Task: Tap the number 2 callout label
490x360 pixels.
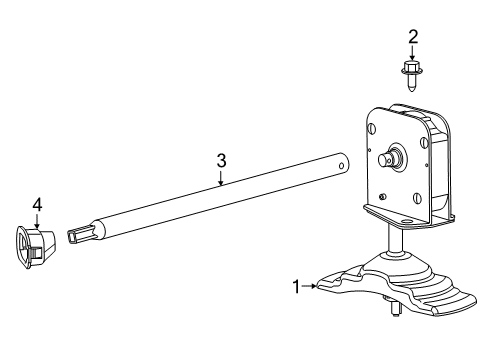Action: tap(412, 37)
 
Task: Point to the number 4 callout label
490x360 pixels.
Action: tap(37, 205)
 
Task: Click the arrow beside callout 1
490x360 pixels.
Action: tap(309, 287)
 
